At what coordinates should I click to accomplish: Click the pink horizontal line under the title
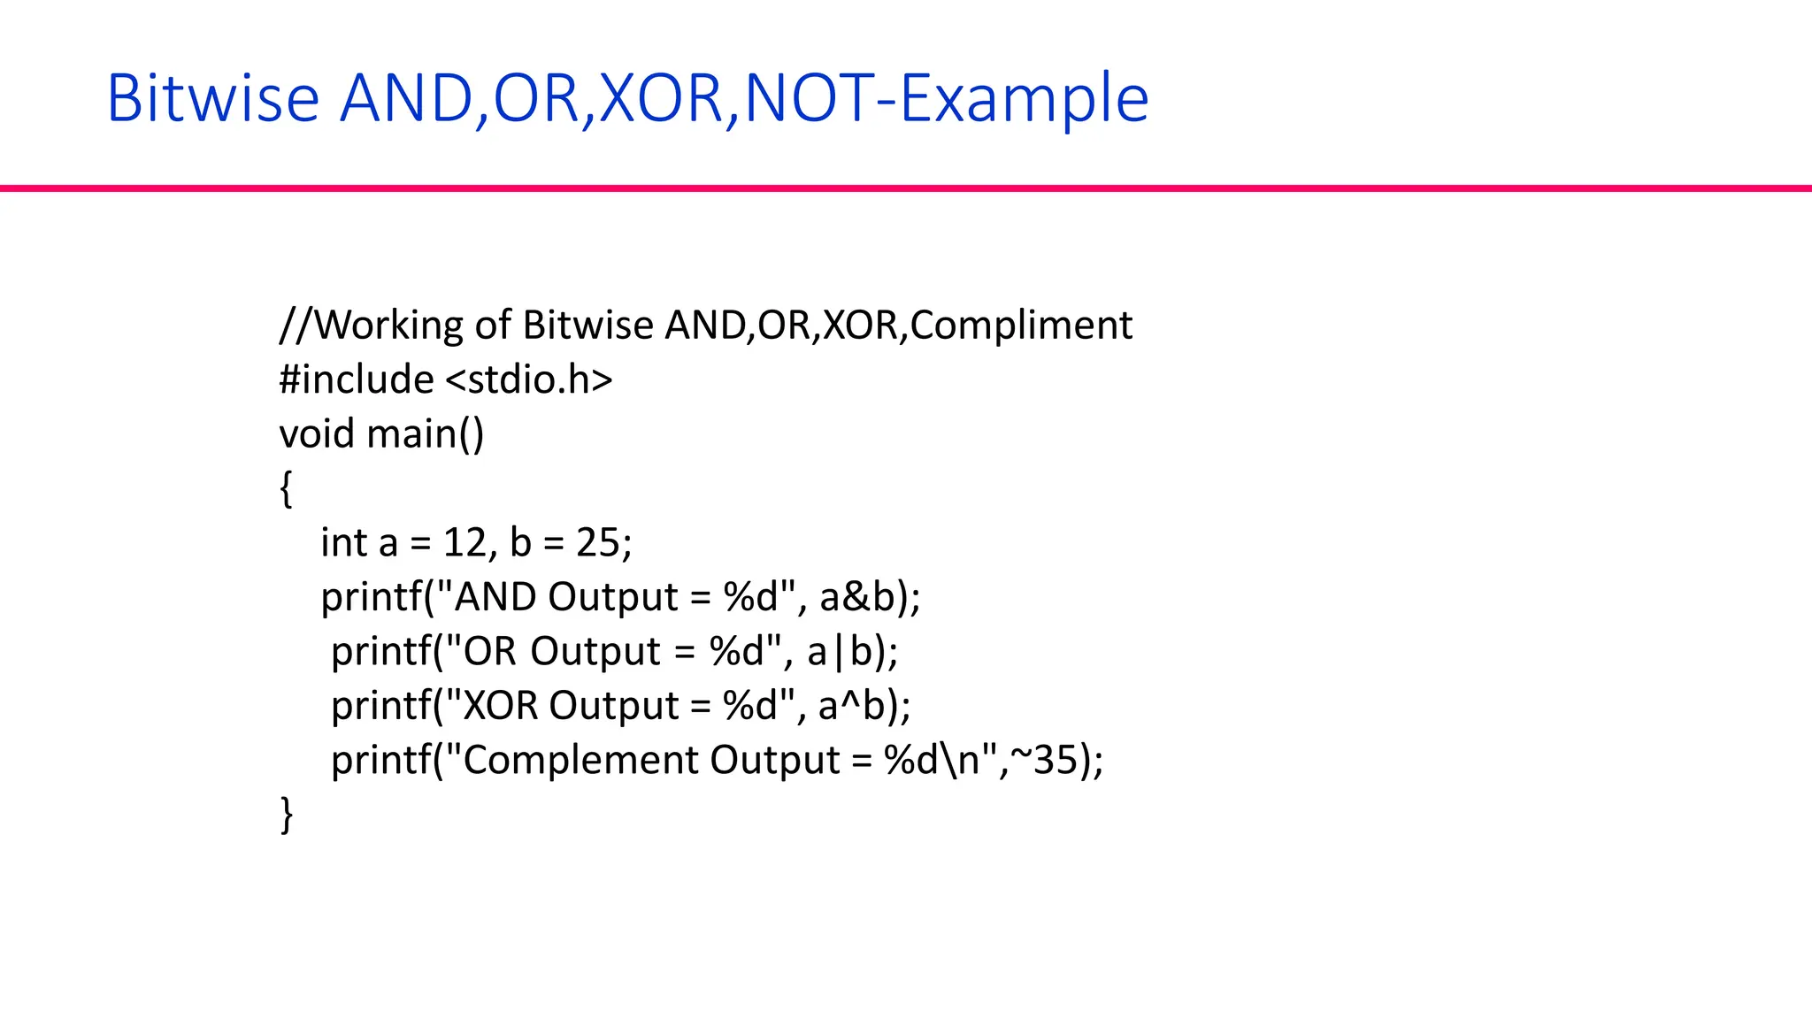tap(906, 188)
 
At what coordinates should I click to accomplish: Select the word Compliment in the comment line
tap(1021, 326)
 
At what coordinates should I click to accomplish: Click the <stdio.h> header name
tap(529, 379)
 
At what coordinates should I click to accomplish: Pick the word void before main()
tap(317, 434)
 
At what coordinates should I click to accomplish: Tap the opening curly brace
tap(286, 488)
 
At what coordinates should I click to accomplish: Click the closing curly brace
tap(286, 815)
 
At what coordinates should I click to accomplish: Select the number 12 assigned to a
tap(465, 542)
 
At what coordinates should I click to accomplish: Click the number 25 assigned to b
tap(598, 542)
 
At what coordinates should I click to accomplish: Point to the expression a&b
tap(857, 597)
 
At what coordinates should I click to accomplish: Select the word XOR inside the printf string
tap(501, 706)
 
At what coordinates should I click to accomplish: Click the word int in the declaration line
tap(343, 542)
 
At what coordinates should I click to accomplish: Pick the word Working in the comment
tap(389, 326)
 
